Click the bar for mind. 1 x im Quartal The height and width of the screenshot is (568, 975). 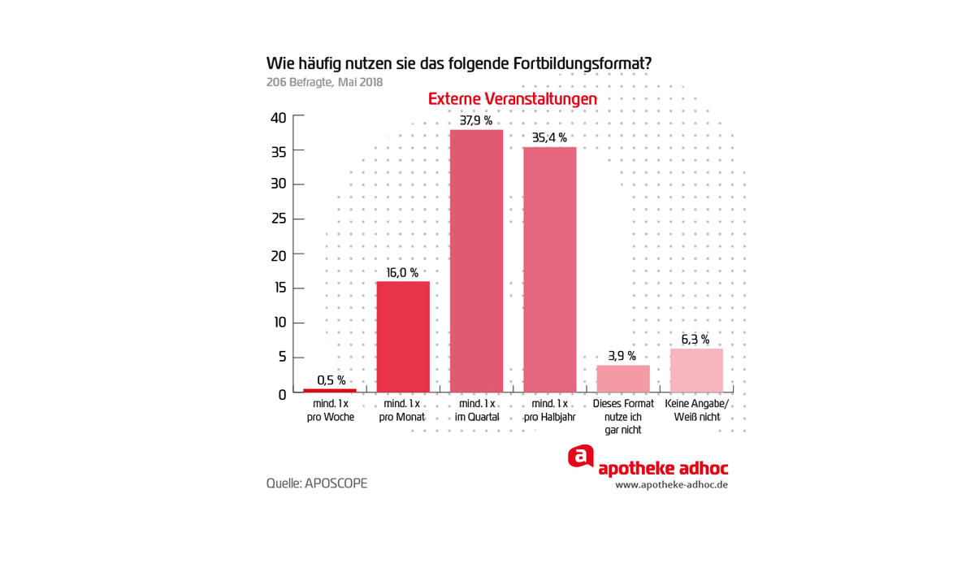(x=476, y=261)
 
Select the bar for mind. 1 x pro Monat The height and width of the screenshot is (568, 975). (x=403, y=336)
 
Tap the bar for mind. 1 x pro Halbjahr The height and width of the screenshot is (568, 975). (x=549, y=270)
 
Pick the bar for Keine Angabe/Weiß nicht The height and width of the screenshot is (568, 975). (x=696, y=371)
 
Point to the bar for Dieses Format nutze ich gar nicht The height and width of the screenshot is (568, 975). (x=623, y=379)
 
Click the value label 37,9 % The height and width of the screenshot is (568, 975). (x=476, y=120)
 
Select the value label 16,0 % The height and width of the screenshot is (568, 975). (x=403, y=273)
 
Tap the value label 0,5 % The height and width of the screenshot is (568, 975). (x=331, y=380)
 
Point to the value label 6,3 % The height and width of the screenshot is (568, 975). (x=695, y=340)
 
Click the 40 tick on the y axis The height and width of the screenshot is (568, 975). (x=278, y=118)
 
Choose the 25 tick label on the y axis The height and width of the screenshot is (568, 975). (x=278, y=219)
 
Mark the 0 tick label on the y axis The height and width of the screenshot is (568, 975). (x=282, y=395)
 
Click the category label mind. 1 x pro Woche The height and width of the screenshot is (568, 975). (x=331, y=410)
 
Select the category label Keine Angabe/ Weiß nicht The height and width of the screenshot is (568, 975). (x=697, y=410)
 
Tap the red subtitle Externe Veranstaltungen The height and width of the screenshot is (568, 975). (x=513, y=98)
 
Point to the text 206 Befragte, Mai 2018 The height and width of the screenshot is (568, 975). (x=324, y=82)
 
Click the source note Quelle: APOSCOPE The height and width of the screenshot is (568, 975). (x=317, y=483)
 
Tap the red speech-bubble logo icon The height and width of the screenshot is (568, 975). (x=581, y=457)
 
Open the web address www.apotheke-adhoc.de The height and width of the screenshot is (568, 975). (x=671, y=485)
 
